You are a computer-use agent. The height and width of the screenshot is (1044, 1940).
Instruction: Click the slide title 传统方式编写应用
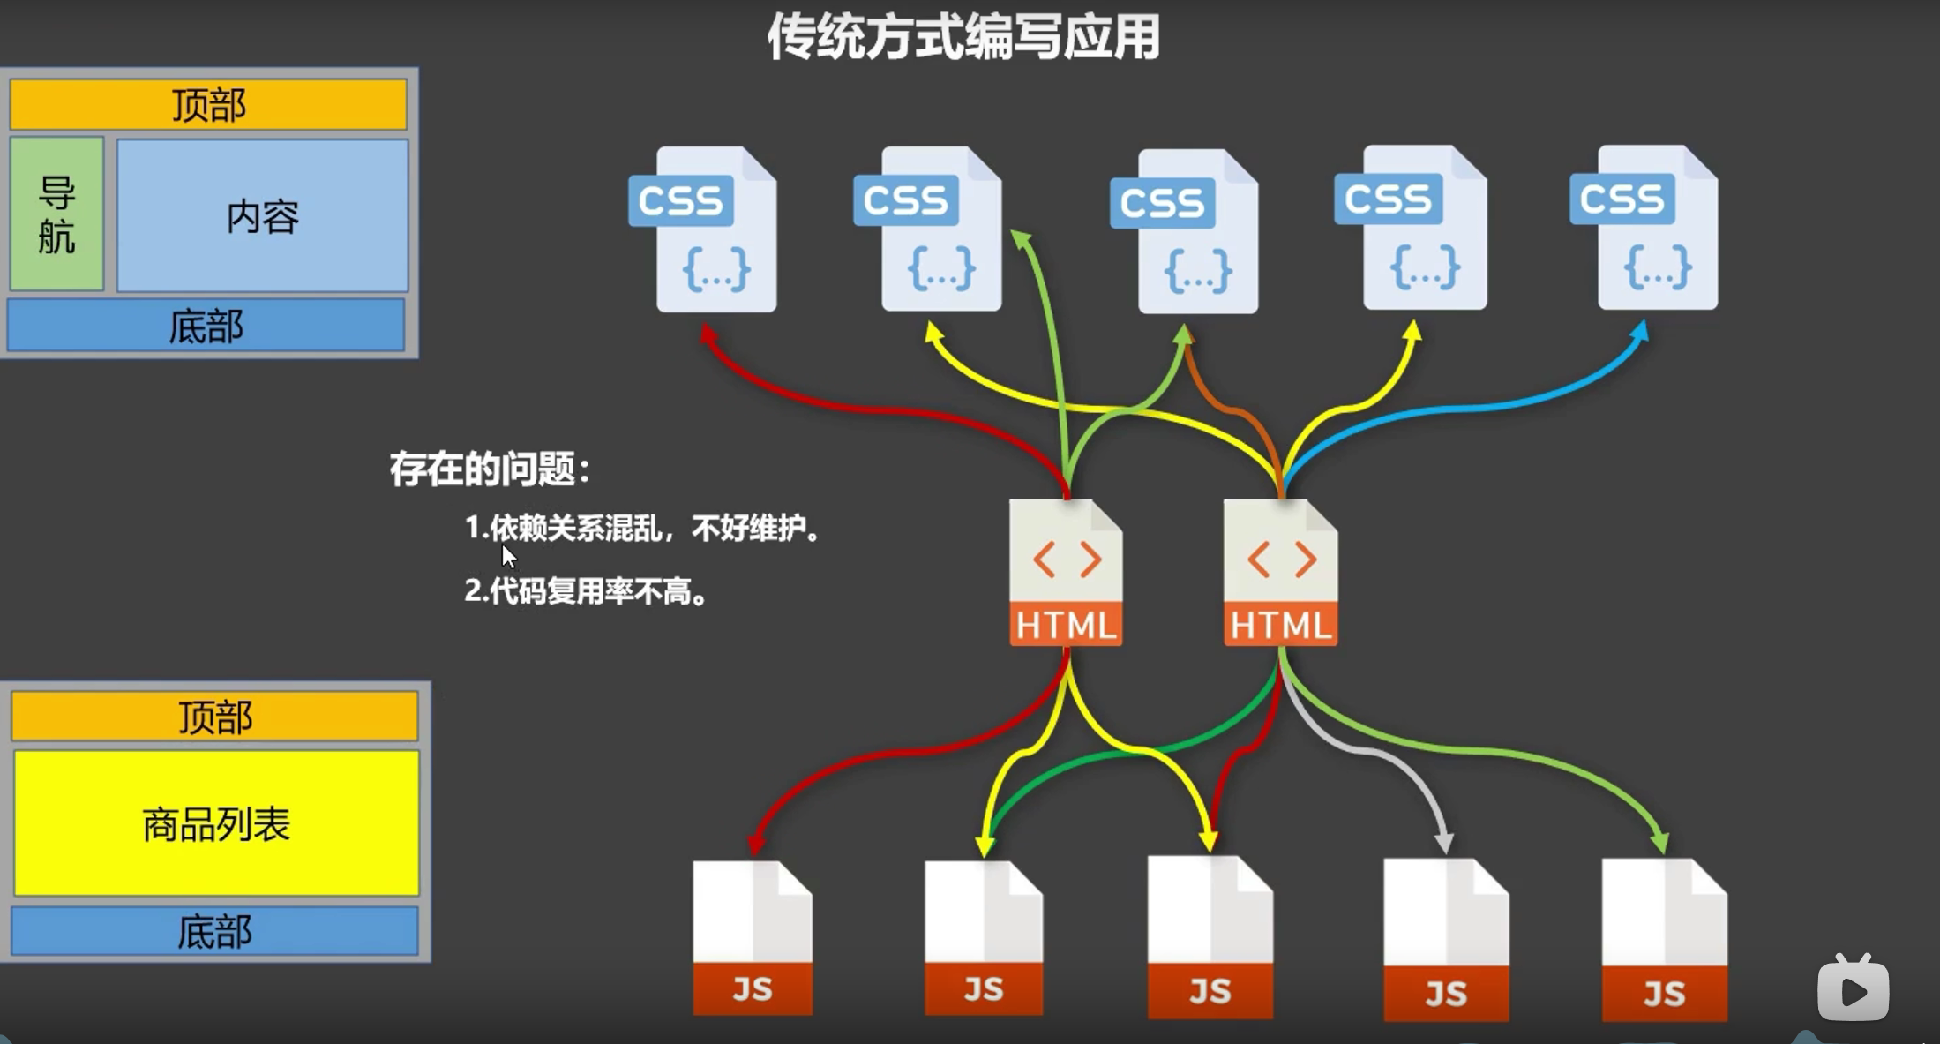pos(963,37)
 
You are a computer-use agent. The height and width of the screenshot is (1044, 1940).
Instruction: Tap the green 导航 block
pos(57,214)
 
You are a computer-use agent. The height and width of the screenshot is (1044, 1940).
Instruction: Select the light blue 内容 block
pos(263,215)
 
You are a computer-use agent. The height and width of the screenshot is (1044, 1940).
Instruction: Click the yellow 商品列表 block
pos(216,823)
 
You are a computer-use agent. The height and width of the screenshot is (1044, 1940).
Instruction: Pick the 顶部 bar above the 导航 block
pos(208,105)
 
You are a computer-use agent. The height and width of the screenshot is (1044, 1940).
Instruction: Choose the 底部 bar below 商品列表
pos(214,931)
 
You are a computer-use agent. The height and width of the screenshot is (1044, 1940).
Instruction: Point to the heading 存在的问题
pos(490,469)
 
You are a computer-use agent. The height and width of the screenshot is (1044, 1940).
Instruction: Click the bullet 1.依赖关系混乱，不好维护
pos(642,528)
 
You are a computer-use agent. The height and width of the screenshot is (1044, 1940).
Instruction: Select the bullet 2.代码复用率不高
pos(586,590)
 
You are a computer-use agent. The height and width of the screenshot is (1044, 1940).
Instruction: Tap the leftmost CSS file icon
pos(705,229)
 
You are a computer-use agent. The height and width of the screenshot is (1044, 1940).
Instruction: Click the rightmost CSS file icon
pos(1645,228)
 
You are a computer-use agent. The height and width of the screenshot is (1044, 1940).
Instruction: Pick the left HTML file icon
pos(1066,573)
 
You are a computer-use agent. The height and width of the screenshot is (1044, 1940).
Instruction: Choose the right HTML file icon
pos(1280,573)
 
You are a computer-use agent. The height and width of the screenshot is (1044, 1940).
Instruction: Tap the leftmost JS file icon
pos(753,937)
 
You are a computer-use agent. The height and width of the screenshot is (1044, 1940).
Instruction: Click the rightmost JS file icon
pos(1664,939)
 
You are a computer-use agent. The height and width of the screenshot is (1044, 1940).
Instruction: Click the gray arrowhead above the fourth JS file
pos(1443,842)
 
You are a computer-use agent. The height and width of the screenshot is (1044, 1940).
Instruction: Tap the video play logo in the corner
pos(1853,988)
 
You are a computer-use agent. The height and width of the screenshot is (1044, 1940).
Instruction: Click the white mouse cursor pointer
pos(508,556)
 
